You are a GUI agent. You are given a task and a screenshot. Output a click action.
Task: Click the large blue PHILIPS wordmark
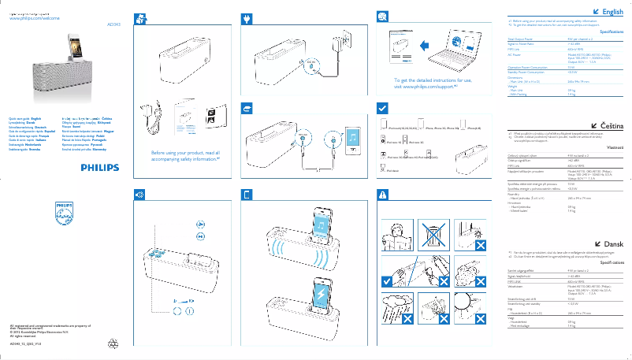99,168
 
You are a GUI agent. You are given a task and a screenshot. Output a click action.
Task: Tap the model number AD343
113,24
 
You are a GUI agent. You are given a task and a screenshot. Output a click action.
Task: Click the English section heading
612,12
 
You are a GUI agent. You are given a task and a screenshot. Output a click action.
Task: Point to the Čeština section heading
611,124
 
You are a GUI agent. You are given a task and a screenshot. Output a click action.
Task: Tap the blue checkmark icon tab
382,106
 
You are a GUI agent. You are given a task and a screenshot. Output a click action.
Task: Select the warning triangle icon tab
382,195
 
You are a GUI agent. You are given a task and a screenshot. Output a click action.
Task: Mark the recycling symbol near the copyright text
116,343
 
